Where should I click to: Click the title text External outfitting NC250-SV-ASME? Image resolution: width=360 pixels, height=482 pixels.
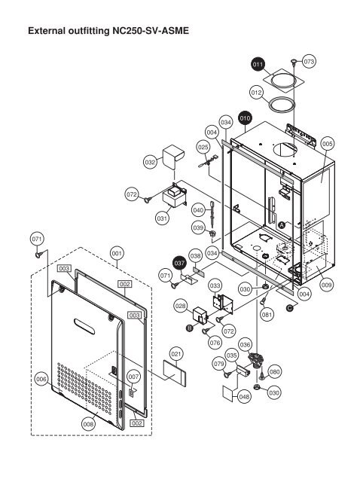tap(107, 32)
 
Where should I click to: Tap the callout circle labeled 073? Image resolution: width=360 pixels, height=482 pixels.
tap(309, 60)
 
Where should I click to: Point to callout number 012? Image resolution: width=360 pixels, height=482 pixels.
tap(256, 92)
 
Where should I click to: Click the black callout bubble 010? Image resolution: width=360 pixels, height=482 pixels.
tap(245, 118)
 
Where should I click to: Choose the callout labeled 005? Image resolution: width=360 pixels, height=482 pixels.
tap(327, 142)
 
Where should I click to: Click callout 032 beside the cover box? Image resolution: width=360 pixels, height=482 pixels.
tap(150, 162)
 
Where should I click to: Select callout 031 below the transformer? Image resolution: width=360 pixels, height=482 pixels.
tap(161, 218)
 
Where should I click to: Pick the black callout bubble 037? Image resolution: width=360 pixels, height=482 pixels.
tap(179, 264)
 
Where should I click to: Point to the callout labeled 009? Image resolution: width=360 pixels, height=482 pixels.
tap(326, 285)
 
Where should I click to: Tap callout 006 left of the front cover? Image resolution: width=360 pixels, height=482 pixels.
tap(43, 380)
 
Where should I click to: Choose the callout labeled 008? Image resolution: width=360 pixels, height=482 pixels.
tap(89, 425)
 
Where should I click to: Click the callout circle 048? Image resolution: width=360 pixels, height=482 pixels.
tap(244, 396)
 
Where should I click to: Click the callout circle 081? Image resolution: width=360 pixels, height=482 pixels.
tap(266, 315)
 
